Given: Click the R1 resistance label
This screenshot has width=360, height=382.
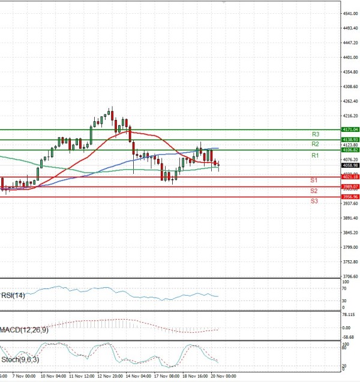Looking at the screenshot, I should pyautogui.click(x=314, y=155).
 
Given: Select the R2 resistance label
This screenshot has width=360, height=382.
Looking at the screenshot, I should pyautogui.click(x=314, y=145).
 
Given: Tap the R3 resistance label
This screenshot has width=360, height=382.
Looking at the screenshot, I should pyautogui.click(x=314, y=134).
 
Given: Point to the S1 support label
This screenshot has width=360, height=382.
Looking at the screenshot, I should pyautogui.click(x=314, y=180).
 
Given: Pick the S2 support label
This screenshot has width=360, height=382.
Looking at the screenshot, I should pyautogui.click(x=314, y=191).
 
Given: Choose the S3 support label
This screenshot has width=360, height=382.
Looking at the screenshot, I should pyautogui.click(x=314, y=201).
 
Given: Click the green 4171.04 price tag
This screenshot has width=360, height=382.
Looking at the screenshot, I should pyautogui.click(x=350, y=129).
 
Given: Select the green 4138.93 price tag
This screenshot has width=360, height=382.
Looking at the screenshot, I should pyautogui.click(x=350, y=139).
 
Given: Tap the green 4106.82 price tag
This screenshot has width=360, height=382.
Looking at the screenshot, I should pyautogui.click(x=350, y=149).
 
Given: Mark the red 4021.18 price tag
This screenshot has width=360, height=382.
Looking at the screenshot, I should pyautogui.click(x=350, y=177).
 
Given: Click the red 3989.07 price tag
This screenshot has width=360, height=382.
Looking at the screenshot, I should pyautogui.click(x=350, y=187).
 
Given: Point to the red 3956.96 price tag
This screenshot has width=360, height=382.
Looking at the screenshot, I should pyautogui.click(x=350, y=197).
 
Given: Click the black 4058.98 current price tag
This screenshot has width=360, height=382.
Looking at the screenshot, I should pyautogui.click(x=350, y=165).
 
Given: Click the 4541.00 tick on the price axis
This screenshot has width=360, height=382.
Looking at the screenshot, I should pyautogui.click(x=350, y=13).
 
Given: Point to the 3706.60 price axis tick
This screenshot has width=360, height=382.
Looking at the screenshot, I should pyautogui.click(x=350, y=276).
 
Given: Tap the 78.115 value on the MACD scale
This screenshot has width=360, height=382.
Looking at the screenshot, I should pyautogui.click(x=350, y=314).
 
